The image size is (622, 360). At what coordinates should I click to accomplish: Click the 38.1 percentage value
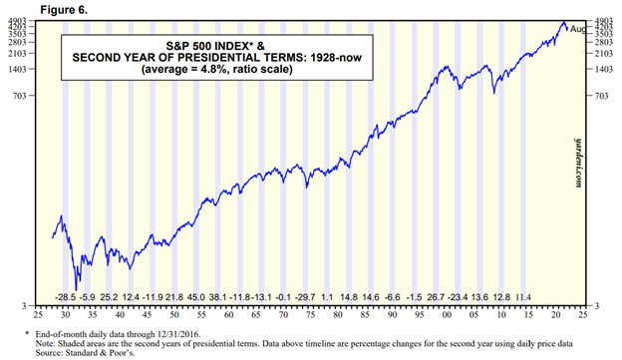click(217, 297)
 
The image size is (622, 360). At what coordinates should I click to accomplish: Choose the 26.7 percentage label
click(437, 297)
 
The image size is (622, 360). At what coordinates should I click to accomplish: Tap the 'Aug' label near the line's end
click(577, 31)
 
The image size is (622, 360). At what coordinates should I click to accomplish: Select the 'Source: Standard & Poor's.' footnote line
click(76, 352)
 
